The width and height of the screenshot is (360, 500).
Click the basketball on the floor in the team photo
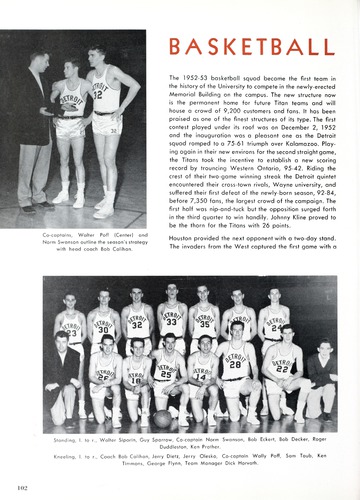coord(162,418)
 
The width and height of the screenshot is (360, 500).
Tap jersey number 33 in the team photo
coord(171,323)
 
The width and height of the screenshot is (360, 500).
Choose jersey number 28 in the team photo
coord(235,362)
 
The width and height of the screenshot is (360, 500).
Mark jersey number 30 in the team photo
coord(102,327)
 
